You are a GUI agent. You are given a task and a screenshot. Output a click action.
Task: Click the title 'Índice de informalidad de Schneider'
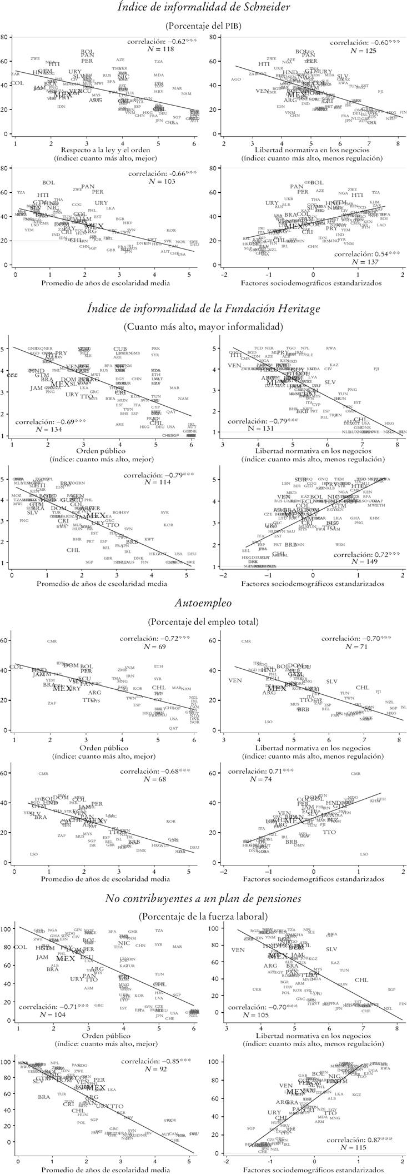[203, 8]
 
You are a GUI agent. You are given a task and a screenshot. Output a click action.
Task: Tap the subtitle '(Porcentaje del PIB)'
[203, 26]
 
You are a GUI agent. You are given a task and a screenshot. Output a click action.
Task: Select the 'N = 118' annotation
[157, 49]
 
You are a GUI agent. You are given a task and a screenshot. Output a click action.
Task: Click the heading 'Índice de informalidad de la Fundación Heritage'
[203, 308]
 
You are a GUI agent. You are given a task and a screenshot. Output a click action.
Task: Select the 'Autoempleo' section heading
[203, 603]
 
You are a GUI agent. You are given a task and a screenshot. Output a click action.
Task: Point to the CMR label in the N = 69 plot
[52, 641]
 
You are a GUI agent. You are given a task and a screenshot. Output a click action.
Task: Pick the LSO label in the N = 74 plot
[364, 854]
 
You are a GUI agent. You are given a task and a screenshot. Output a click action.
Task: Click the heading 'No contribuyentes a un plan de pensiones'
[203, 898]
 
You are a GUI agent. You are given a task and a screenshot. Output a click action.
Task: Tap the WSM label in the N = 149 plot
[340, 544]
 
